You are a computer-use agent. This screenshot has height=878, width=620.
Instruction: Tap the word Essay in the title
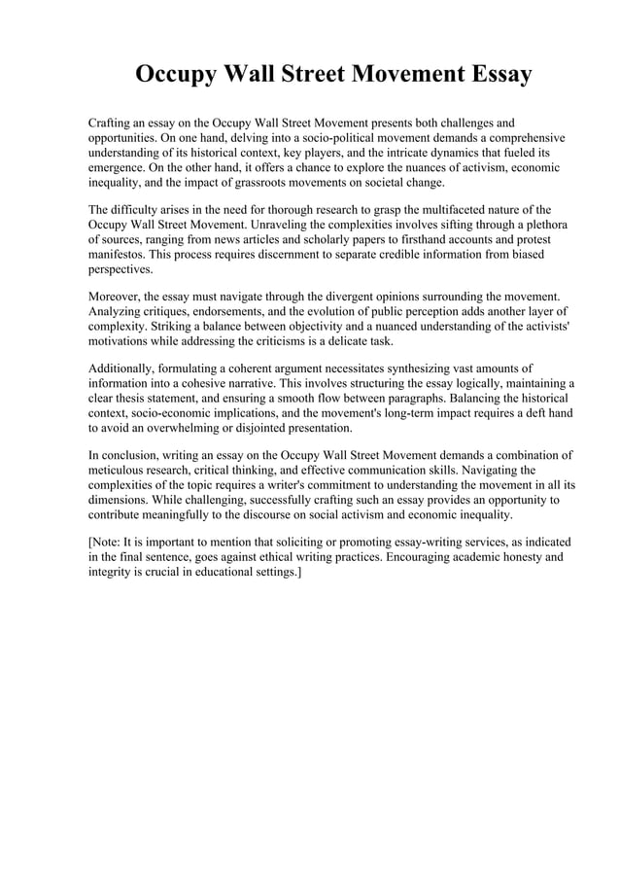tap(495, 74)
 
